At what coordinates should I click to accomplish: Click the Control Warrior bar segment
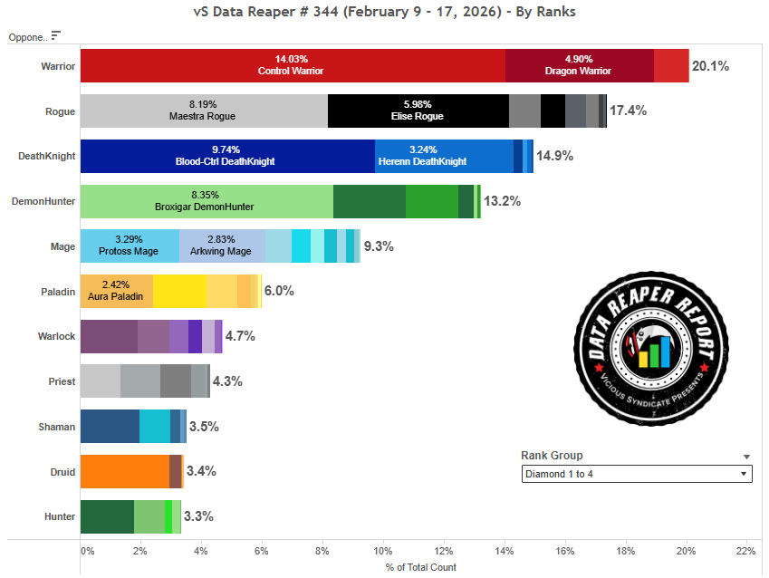pyautogui.click(x=292, y=66)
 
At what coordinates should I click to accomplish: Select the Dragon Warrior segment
pyautogui.click(x=579, y=66)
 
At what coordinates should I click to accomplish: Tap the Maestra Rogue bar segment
pyautogui.click(x=204, y=111)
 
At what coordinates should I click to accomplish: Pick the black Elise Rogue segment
pyautogui.click(x=418, y=111)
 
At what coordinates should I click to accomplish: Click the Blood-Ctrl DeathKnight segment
pyautogui.click(x=227, y=156)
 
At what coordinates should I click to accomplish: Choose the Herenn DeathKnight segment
pyautogui.click(x=444, y=156)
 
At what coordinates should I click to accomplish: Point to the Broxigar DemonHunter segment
pyautogui.click(x=207, y=201)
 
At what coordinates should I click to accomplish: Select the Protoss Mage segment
pyautogui.click(x=130, y=246)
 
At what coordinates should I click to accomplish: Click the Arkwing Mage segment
pyautogui.click(x=222, y=246)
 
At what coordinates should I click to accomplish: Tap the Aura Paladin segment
pyautogui.click(x=116, y=291)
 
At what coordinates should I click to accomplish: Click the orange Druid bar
pyautogui.click(x=124, y=471)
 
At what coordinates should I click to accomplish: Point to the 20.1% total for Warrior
pyautogui.click(x=710, y=66)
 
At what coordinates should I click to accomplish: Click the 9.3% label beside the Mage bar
pyautogui.click(x=379, y=246)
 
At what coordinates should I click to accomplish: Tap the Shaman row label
pyautogui.click(x=57, y=426)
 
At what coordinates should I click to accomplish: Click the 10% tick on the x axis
pyautogui.click(x=383, y=550)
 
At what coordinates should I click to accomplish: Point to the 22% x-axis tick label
pyautogui.click(x=745, y=550)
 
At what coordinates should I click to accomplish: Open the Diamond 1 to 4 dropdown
pyautogui.click(x=637, y=474)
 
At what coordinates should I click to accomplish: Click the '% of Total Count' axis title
pyautogui.click(x=420, y=567)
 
